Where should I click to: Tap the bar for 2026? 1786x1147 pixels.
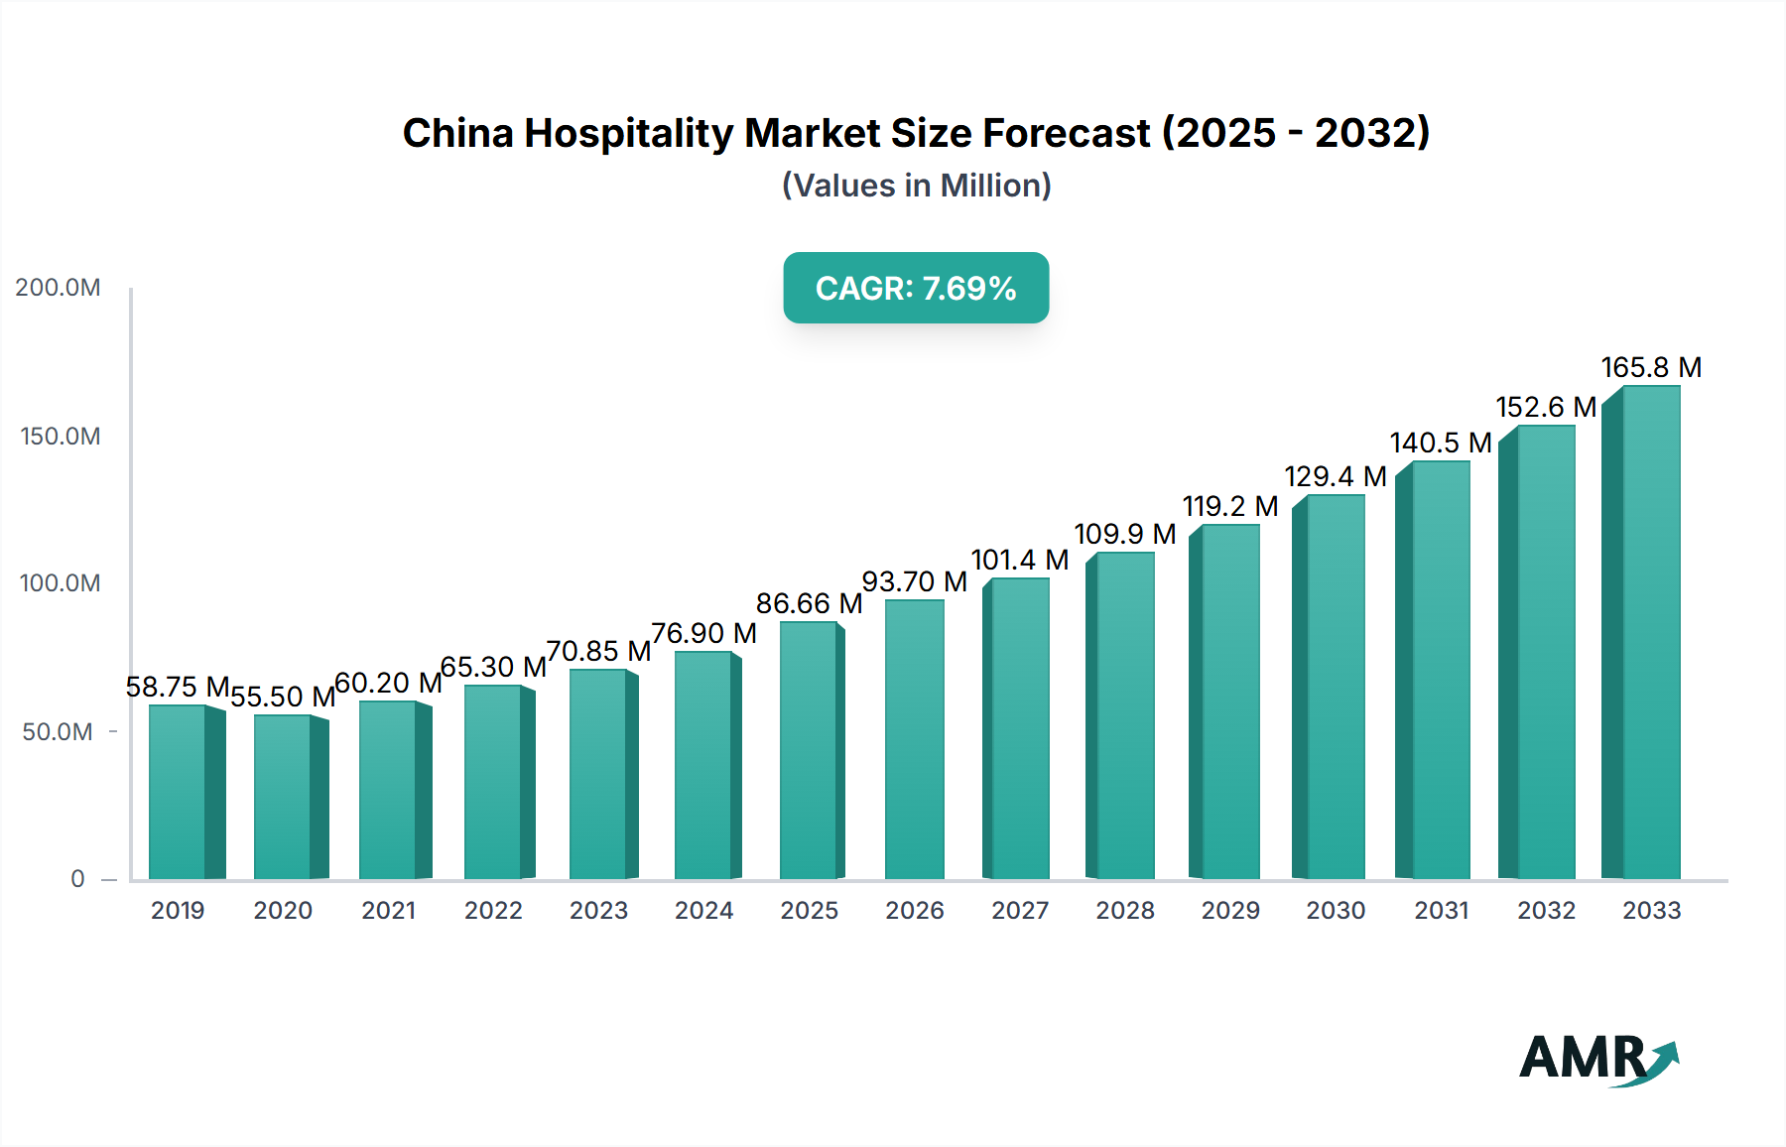[x=914, y=739]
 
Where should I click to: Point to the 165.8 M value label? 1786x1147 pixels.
[x=1651, y=367]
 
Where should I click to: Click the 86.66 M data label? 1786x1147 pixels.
[x=809, y=603]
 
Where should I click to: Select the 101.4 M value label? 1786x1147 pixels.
[x=1019, y=560]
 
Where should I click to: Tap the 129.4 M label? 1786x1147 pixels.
[x=1335, y=476]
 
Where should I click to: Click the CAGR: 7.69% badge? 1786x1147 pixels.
[x=916, y=288]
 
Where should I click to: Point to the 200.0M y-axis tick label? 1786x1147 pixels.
[x=58, y=288]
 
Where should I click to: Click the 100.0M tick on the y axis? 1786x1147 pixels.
[x=60, y=583]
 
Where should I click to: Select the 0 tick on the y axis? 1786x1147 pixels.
[x=77, y=878]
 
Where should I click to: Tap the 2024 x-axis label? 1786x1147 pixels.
[x=703, y=910]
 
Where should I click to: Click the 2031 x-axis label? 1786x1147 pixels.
[x=1441, y=910]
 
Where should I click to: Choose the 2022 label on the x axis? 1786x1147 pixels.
[x=493, y=910]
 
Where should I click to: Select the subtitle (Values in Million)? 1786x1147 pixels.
[x=916, y=186]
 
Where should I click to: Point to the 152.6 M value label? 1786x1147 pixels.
[x=1546, y=407]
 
